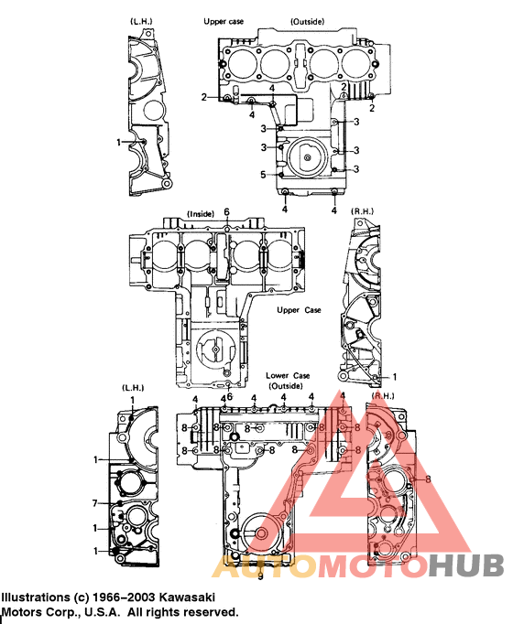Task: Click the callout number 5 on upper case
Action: pos(262,174)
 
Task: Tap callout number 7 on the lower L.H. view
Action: pos(94,503)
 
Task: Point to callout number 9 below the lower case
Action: pos(259,576)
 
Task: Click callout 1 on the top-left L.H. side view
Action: pos(119,142)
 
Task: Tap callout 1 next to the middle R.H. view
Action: pos(395,376)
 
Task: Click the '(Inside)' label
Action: pos(200,213)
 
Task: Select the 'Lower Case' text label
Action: pos(289,376)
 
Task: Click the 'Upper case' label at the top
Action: pos(223,19)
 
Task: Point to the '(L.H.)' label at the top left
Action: pos(140,19)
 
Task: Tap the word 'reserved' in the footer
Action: pos(213,612)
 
